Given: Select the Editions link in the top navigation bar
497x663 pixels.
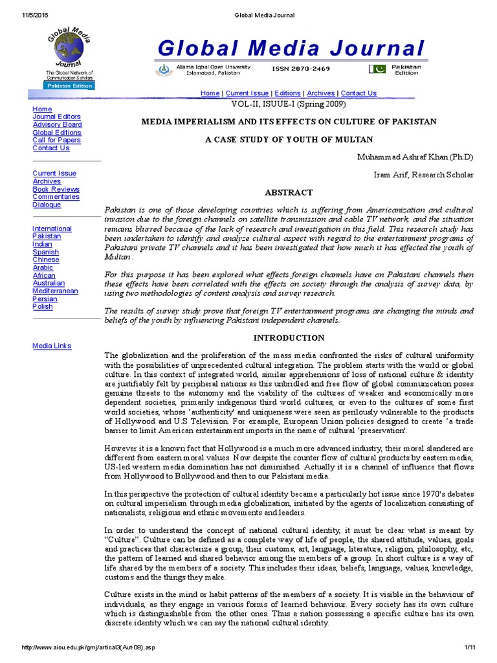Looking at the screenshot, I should [288, 93].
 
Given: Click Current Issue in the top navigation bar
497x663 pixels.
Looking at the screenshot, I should [247, 93].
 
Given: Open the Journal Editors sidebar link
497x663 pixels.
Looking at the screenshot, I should [56, 117].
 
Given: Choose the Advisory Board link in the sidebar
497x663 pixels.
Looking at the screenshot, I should [57, 125].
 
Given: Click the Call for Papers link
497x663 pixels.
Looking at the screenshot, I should [56, 140].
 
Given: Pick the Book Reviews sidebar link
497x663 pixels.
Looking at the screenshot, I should [56, 189].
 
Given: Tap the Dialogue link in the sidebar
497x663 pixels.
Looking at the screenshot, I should [47, 205].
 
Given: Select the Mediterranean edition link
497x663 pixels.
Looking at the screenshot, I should [55, 291].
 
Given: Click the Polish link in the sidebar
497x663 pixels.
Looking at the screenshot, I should [42, 307].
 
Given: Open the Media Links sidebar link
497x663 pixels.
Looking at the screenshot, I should [52, 346].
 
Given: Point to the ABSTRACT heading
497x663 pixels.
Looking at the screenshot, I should [289, 193].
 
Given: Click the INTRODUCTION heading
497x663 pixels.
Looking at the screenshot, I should [289, 338].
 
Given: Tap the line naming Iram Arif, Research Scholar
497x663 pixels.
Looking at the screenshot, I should [424, 175].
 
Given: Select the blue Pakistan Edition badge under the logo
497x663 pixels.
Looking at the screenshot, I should [69, 85].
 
